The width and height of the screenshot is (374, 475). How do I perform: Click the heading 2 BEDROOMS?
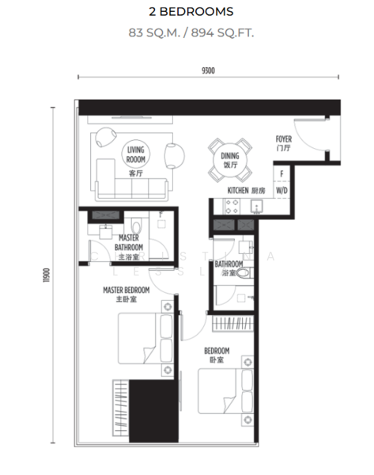pyautogui.click(x=191, y=12)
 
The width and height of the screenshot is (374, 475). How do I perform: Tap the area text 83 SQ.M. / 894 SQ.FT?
pyautogui.click(x=191, y=33)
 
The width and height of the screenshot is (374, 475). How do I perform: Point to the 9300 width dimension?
pyautogui.click(x=208, y=70)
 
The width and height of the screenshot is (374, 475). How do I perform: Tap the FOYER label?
pyautogui.click(x=284, y=143)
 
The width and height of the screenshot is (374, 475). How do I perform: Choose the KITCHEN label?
pyautogui.click(x=246, y=191)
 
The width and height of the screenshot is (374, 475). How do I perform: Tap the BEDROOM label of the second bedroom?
pyautogui.click(x=217, y=355)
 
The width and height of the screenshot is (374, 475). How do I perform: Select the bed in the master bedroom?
pyautogui.click(x=141, y=340)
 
